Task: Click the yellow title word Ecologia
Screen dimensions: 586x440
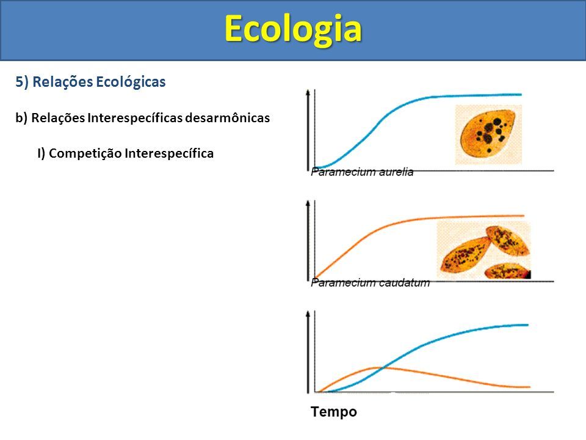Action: tap(293, 30)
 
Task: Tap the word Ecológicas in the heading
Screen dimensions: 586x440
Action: tap(131, 82)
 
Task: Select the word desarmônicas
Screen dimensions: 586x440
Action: tap(228, 118)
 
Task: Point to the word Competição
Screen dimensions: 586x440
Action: tap(85, 153)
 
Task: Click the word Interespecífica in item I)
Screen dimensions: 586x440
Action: tap(169, 153)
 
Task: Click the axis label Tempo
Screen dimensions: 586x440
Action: tap(334, 412)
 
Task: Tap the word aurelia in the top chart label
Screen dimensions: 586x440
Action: tap(396, 172)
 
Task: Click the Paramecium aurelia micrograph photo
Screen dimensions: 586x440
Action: tap(488, 134)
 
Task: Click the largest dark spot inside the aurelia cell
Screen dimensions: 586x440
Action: tap(497, 122)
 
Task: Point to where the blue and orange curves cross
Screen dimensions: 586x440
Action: tap(383, 368)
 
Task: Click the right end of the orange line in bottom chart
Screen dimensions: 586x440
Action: tap(530, 386)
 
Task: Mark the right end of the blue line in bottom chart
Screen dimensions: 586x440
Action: tap(527, 324)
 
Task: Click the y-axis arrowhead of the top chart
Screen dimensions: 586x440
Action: tap(308, 92)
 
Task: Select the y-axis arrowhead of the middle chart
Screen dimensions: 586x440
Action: tap(308, 203)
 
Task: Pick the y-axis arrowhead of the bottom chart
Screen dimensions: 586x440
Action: tap(308, 314)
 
